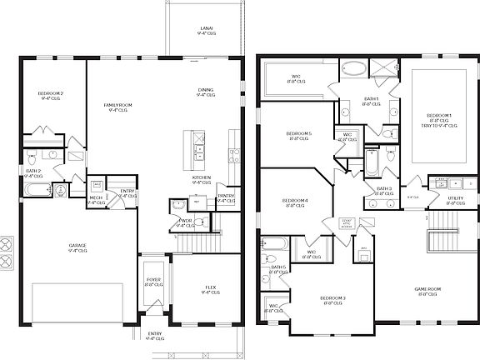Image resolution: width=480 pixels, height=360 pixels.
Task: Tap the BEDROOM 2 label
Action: [51, 94]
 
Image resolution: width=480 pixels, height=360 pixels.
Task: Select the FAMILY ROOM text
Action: [118, 106]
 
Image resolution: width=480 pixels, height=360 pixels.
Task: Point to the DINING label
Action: [206, 92]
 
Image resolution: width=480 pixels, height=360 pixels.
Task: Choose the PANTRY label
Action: [226, 197]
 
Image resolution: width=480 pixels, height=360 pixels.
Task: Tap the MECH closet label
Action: [96, 199]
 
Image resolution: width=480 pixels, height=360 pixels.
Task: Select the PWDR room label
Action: [185, 221]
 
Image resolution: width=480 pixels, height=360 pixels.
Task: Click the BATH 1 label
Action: [372, 100]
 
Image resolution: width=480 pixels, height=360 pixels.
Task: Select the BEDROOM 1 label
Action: [439, 116]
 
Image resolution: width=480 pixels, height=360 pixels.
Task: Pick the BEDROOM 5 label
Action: [298, 135]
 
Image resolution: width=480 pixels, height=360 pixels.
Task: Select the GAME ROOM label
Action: [427, 290]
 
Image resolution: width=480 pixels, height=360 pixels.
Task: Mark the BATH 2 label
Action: [32, 173]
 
